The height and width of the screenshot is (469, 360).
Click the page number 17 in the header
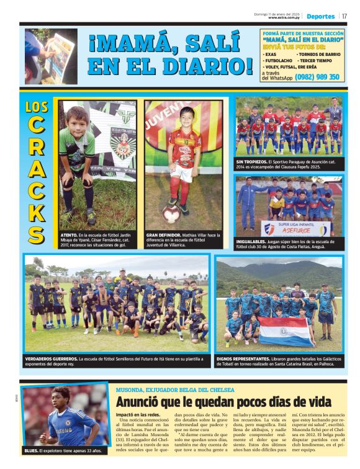click(x=344, y=16)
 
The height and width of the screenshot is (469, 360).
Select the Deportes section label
click(x=320, y=16)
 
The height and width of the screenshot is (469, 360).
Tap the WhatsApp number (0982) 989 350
click(x=317, y=77)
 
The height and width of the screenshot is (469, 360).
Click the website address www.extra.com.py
click(x=284, y=17)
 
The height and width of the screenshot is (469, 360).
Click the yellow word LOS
click(x=37, y=107)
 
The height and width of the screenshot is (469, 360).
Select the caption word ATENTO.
click(x=69, y=236)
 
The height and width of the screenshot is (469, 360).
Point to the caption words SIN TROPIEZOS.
click(x=252, y=161)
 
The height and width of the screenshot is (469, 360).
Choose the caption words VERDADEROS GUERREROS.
click(x=52, y=359)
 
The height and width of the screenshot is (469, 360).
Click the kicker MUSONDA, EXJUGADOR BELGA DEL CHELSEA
click(x=174, y=390)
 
